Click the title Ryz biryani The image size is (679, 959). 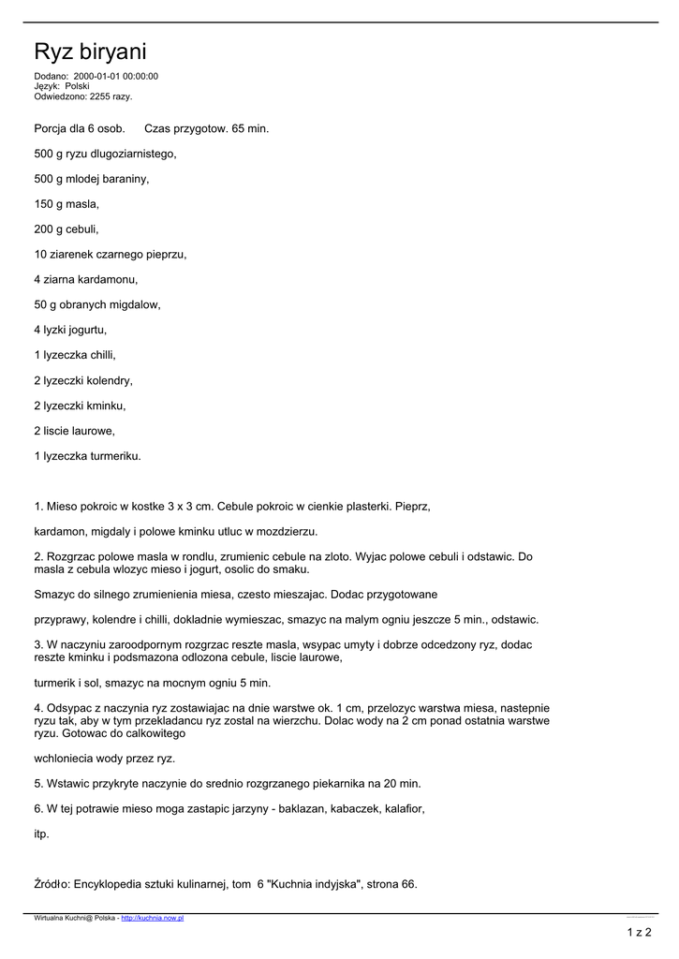pyautogui.click(x=90, y=52)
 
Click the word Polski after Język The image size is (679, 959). pyautogui.click(x=77, y=86)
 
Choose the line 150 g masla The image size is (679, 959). pyautogui.click(x=66, y=203)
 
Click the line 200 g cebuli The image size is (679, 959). pyautogui.click(x=66, y=229)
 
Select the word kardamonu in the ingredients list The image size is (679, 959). pyautogui.click(x=111, y=279)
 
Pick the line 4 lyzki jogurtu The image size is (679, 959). pyautogui.click(x=70, y=330)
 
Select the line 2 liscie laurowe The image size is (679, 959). pyautogui.click(x=74, y=431)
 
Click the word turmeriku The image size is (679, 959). pyautogui.click(x=114, y=456)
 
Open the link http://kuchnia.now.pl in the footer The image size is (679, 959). pyautogui.click(x=153, y=919)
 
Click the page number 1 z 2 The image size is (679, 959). pyautogui.click(x=639, y=932)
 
